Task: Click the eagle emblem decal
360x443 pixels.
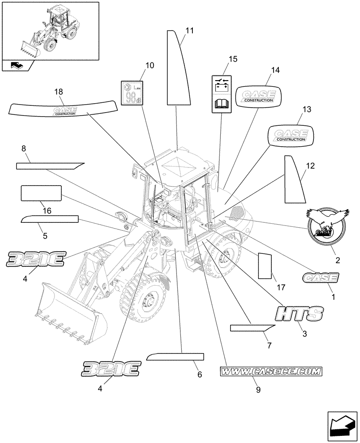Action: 326,225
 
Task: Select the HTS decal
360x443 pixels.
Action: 298,314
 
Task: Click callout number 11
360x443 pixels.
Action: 190,31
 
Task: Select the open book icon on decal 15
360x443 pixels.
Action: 221,105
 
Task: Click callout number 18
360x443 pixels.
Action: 59,92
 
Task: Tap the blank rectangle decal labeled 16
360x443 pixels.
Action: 41,194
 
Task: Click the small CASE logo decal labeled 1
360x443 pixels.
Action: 320,278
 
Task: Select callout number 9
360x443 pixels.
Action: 258,390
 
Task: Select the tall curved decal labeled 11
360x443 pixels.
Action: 178,71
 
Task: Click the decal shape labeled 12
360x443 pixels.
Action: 293,179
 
